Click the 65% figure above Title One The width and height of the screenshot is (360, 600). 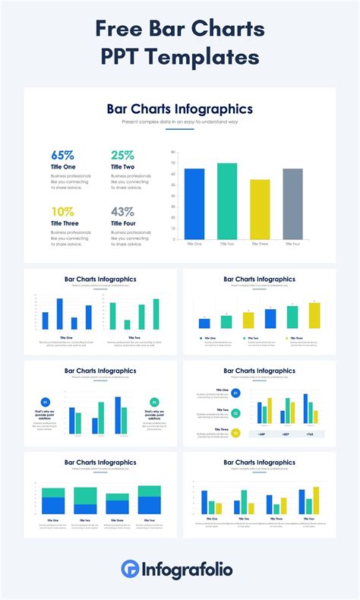(x=63, y=155)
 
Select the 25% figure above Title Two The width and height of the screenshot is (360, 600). (x=123, y=155)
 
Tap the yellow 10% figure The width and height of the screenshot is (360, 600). (x=62, y=211)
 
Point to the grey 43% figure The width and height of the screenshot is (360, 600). (x=123, y=211)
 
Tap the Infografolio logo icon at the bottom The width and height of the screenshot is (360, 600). (x=130, y=569)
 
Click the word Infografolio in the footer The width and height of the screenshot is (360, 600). (x=187, y=569)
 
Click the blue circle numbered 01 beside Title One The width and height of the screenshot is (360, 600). (x=235, y=393)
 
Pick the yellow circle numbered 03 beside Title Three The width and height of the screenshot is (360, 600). (x=235, y=434)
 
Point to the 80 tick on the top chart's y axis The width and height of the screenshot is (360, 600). (x=174, y=152)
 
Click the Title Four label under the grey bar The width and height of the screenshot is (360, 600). (x=292, y=244)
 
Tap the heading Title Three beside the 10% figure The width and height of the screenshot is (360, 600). (x=65, y=223)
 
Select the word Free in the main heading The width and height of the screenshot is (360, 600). (x=119, y=30)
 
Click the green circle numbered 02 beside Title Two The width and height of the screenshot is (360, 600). (x=235, y=413)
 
